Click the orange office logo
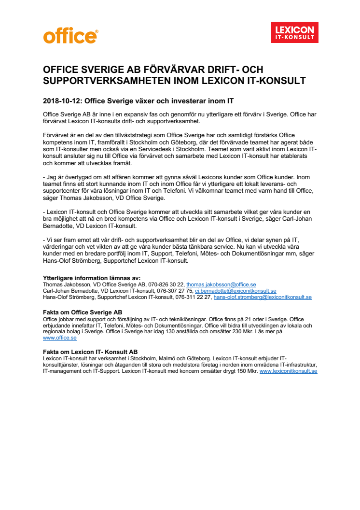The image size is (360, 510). click(70, 35)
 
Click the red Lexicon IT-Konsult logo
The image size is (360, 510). click(294, 32)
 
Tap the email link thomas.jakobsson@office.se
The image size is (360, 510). click(221, 284)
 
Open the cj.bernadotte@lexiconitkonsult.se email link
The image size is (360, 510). click(235, 291)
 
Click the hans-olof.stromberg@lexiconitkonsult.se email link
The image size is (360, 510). click(263, 297)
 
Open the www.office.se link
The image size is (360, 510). click(60, 338)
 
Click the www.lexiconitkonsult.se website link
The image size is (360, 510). click(288, 371)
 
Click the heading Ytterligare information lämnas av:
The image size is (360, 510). click(91, 278)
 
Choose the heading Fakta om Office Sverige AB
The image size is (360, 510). click(82, 312)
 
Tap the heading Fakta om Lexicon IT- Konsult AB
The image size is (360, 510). click(90, 352)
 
